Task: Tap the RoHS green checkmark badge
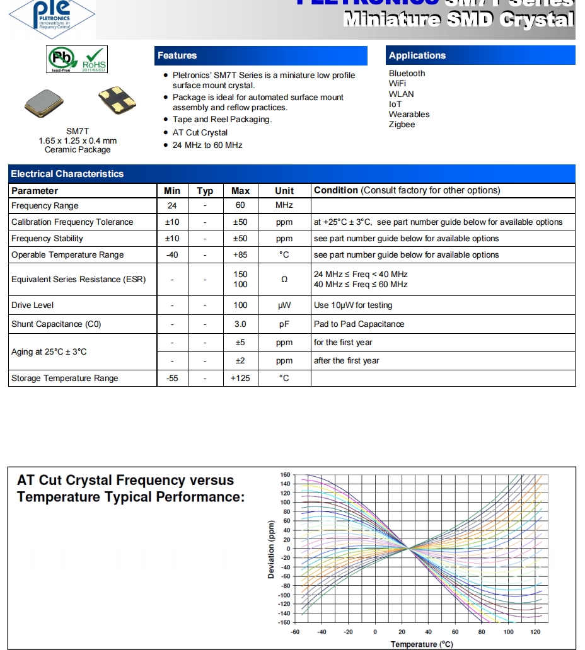pyautogui.click(x=95, y=58)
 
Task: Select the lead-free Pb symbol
pyautogui.click(x=62, y=58)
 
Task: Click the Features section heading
pyautogui.click(x=177, y=55)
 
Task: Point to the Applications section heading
pyautogui.click(x=417, y=55)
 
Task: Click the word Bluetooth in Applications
pyautogui.click(x=407, y=73)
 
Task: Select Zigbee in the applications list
pyautogui.click(x=402, y=124)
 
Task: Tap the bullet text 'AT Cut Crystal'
pyautogui.click(x=200, y=132)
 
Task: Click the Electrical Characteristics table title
pyautogui.click(x=67, y=174)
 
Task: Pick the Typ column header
pyautogui.click(x=205, y=191)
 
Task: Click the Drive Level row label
pyautogui.click(x=33, y=305)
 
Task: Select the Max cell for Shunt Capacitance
pyautogui.click(x=240, y=324)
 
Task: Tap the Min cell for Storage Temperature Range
pyautogui.click(x=172, y=378)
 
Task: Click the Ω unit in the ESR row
pyautogui.click(x=284, y=279)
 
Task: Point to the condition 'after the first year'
pyautogui.click(x=347, y=360)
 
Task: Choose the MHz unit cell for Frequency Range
pyautogui.click(x=284, y=205)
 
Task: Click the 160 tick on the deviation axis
pyautogui.click(x=286, y=474)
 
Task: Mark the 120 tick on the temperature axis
pyautogui.click(x=536, y=632)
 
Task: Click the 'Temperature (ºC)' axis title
pyautogui.click(x=422, y=644)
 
